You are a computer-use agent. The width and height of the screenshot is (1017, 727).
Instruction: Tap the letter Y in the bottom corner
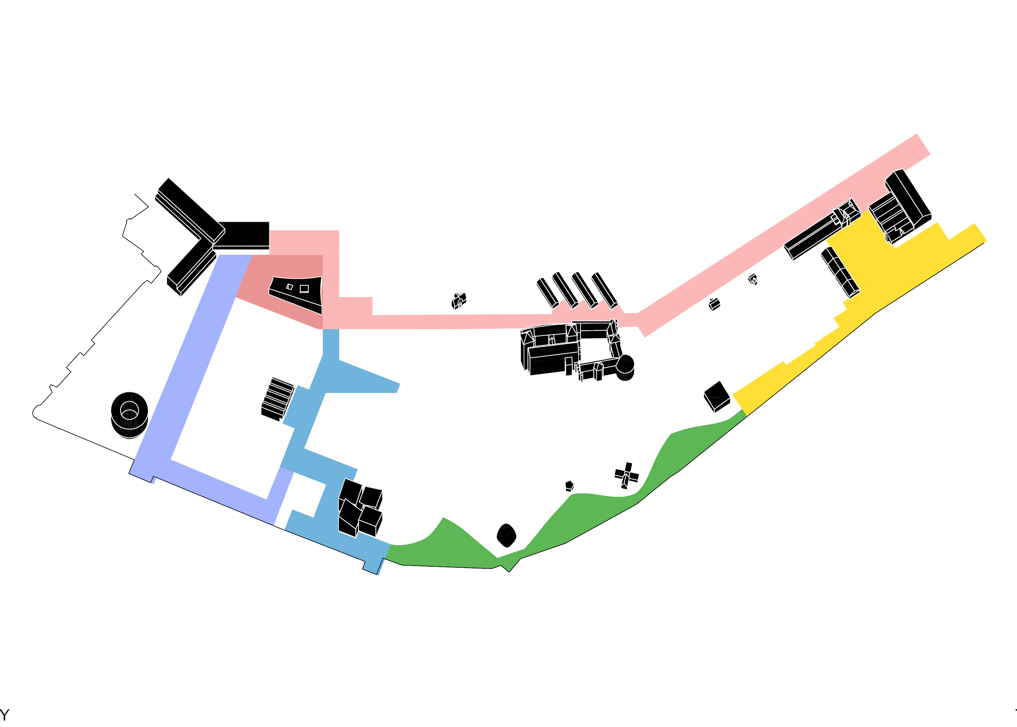pos(4,714)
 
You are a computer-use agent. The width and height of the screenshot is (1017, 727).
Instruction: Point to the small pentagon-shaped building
pos(569,486)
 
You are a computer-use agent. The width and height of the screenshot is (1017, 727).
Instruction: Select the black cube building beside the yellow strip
pos(717,396)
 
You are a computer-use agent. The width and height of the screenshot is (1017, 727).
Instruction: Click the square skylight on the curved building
pos(304,289)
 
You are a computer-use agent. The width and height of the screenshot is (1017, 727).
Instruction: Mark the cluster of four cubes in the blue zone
pos(360,508)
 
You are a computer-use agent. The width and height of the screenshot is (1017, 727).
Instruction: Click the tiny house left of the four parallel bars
pos(459,301)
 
